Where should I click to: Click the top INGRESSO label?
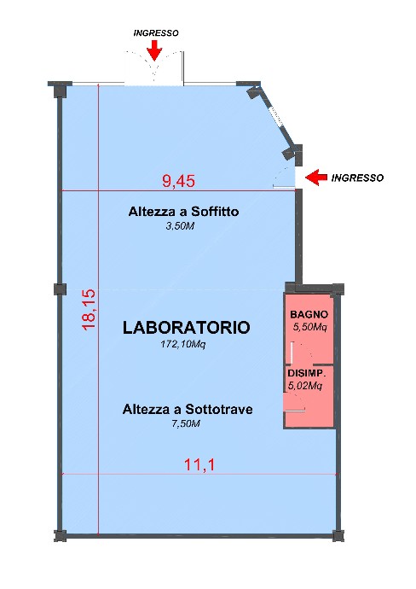click(156, 33)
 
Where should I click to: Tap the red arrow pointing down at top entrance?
click(154, 50)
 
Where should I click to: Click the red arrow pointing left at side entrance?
click(316, 178)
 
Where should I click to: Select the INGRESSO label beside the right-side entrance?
click(357, 178)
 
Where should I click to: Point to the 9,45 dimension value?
click(178, 181)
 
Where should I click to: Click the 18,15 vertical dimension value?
click(90, 309)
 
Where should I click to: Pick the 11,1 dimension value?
click(199, 465)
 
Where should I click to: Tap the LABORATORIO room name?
click(186, 328)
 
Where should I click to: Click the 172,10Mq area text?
click(183, 344)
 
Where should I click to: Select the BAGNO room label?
click(309, 314)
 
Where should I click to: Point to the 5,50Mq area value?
click(309, 327)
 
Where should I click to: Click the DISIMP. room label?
click(307, 373)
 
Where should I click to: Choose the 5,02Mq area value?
click(305, 386)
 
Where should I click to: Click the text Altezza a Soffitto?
click(183, 212)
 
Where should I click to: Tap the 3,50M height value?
click(180, 226)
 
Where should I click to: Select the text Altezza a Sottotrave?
click(188, 409)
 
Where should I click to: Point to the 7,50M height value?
click(186, 423)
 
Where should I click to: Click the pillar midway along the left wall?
click(60, 289)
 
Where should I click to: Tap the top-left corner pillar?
click(60, 90)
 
